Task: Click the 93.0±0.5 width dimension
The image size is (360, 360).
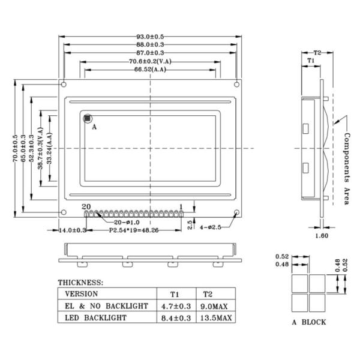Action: (x=150, y=37)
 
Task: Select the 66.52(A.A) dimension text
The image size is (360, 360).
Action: (x=150, y=70)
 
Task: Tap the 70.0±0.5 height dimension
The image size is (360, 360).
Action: (x=15, y=148)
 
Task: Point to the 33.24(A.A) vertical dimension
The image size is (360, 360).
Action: (x=49, y=148)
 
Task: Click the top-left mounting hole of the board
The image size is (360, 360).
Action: (x=64, y=85)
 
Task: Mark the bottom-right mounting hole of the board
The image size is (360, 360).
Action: (x=236, y=212)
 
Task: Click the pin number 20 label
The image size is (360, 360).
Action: (x=86, y=206)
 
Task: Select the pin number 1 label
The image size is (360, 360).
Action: (x=181, y=207)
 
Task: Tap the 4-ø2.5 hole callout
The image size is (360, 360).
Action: (x=211, y=227)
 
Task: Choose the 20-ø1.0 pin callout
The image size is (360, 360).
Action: (x=127, y=222)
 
